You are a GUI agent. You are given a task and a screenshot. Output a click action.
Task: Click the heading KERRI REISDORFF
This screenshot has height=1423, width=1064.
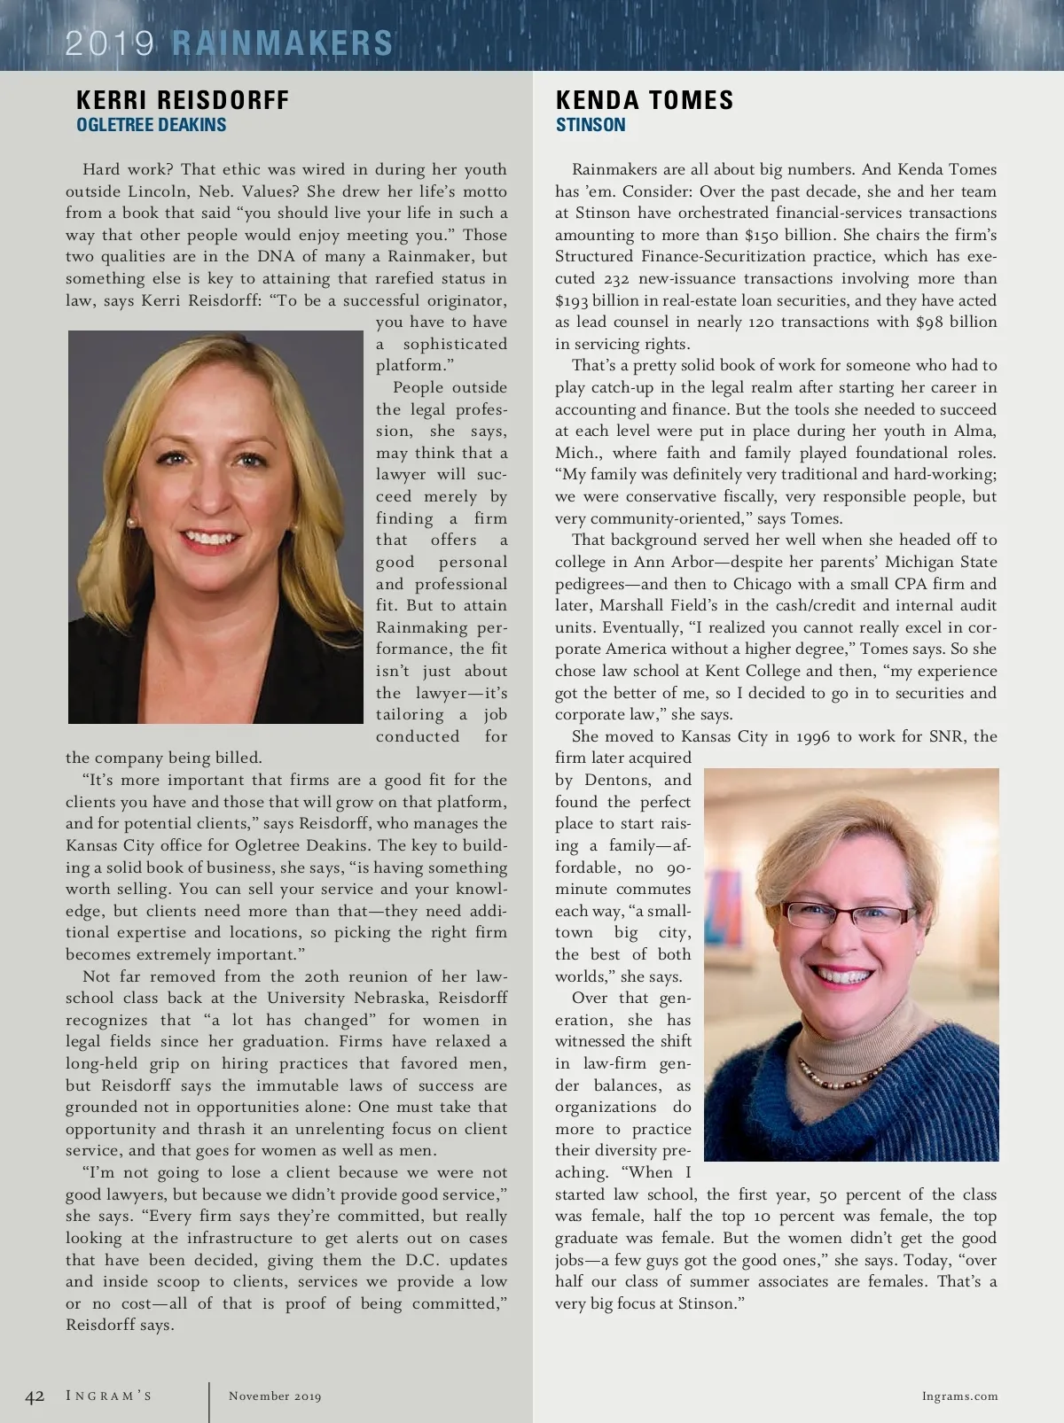pos(183,100)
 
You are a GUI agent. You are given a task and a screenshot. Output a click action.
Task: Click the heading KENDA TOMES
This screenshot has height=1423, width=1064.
pos(645,100)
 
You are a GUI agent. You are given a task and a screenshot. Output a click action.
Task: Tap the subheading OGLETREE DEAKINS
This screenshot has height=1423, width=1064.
pos(151,125)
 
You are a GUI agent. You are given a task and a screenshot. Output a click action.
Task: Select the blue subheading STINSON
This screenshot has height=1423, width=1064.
pos(591,125)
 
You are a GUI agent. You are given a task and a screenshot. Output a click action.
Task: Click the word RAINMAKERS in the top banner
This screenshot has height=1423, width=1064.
pos(282,43)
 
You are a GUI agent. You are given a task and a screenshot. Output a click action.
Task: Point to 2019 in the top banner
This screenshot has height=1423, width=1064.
pos(109,43)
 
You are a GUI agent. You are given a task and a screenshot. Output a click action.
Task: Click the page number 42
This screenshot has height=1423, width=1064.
pos(35,1396)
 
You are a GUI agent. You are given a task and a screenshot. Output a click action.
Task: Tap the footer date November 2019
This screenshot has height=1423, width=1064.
pos(275,1396)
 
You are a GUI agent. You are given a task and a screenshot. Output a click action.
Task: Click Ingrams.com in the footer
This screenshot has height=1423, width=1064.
pos(959,1396)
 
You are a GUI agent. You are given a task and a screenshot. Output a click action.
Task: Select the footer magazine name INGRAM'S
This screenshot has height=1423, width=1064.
pos(109,1396)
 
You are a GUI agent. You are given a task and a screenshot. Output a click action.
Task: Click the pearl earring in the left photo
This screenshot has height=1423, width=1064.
pos(133,523)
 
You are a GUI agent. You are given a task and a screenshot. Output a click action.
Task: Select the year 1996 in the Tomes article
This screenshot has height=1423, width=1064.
pos(815,736)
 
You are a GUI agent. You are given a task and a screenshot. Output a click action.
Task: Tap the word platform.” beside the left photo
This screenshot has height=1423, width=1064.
pos(409,365)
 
